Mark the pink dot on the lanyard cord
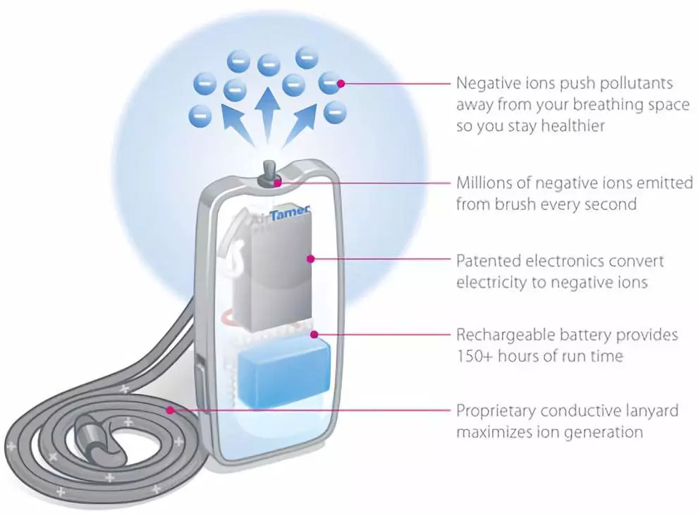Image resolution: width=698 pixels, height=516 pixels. click(169, 409)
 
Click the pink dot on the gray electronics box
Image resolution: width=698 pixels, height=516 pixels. click(310, 259)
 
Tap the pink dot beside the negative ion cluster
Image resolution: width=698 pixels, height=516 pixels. click(341, 83)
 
